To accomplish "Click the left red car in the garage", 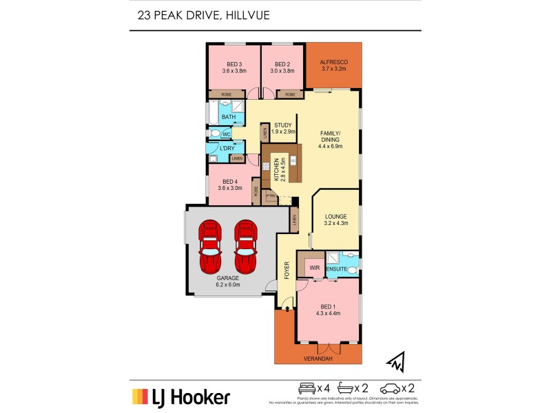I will click(211, 247).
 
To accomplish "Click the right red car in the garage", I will click(245, 247).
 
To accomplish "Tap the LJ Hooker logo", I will click(181, 396).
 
